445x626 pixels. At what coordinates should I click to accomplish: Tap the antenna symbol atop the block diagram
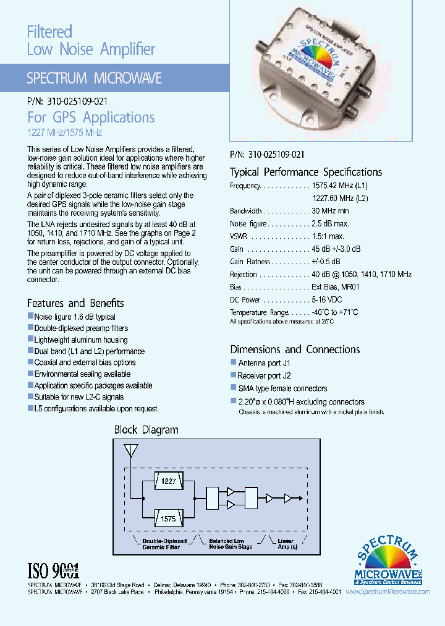click(130, 452)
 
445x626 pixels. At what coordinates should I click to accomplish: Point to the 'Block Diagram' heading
click(146, 430)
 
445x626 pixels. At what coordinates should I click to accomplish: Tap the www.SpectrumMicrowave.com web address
click(388, 591)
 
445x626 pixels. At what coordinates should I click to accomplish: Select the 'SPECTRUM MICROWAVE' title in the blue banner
click(95, 79)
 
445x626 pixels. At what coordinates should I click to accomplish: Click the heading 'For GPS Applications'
click(91, 118)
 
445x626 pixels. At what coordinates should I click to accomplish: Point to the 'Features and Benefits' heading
click(75, 303)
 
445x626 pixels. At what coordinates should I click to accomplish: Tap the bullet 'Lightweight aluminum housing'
click(81, 340)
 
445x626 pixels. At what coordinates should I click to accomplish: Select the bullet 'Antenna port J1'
click(264, 363)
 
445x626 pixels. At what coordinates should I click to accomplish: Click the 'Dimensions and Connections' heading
click(295, 349)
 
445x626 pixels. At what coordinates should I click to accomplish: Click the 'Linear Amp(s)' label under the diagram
click(286, 544)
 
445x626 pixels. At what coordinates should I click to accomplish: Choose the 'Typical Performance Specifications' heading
click(306, 172)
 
